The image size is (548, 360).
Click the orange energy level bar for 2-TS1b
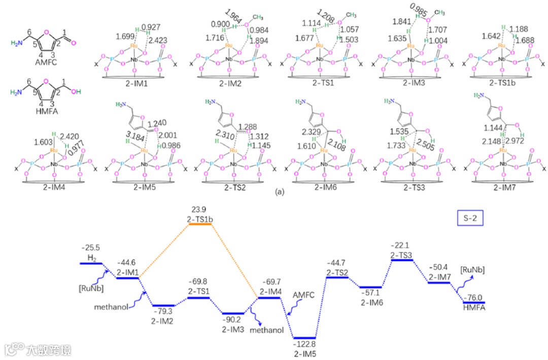click(x=200, y=224)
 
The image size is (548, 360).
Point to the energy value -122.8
click(x=305, y=344)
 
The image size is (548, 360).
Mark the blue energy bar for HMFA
click(x=473, y=302)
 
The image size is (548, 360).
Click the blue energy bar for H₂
click(x=91, y=264)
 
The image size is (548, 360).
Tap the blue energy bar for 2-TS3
click(x=402, y=260)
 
